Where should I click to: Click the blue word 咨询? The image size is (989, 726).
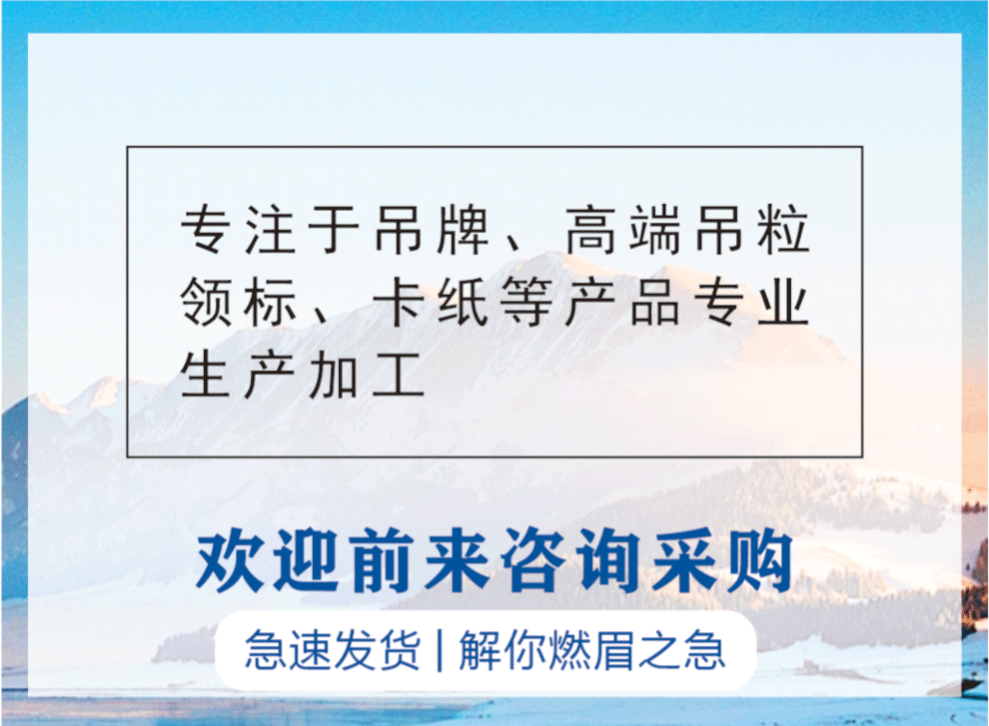point(568,562)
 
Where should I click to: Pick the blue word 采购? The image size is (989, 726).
point(719,562)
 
